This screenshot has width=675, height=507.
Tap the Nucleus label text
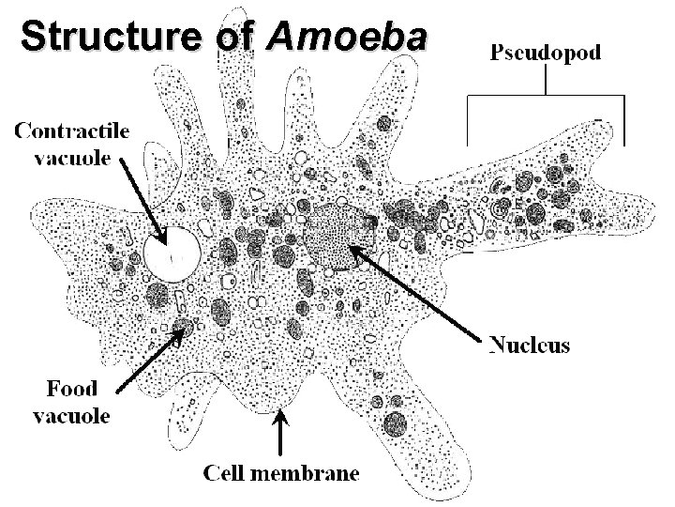click(x=530, y=346)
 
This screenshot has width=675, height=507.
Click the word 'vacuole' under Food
click(x=71, y=415)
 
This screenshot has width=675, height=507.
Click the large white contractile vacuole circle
click(x=172, y=253)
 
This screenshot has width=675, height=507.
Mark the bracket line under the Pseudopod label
click(x=546, y=95)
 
